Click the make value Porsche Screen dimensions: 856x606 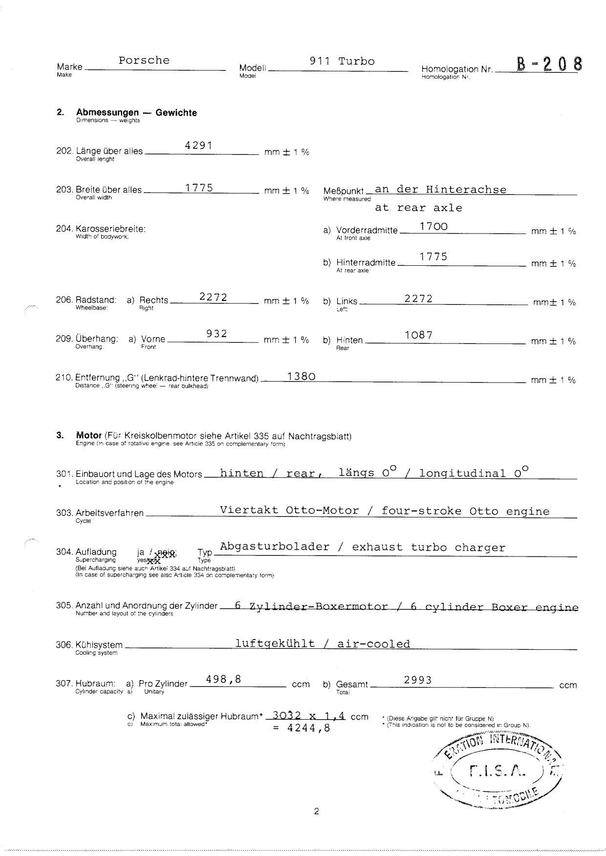point(144,61)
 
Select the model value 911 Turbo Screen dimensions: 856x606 point(342,62)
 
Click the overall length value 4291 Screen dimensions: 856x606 point(199,145)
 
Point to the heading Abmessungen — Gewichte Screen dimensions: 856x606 point(136,112)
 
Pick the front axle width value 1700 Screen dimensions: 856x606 point(433,226)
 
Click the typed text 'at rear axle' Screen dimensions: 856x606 point(418,208)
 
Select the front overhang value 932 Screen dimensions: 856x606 point(216,334)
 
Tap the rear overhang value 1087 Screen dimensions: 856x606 point(419,335)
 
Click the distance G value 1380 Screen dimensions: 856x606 point(302,376)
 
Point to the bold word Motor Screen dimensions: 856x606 point(89,435)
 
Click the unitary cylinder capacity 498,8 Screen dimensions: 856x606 point(224,679)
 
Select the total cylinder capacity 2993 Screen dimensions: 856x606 point(418,680)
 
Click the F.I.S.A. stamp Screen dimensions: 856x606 point(498,771)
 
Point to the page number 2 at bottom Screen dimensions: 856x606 point(316,812)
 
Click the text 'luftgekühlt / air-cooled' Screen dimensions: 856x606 point(323,644)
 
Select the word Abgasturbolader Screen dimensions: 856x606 point(275,547)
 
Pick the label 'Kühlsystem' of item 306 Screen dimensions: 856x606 point(99,645)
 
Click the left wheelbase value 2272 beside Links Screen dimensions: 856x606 point(418,299)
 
